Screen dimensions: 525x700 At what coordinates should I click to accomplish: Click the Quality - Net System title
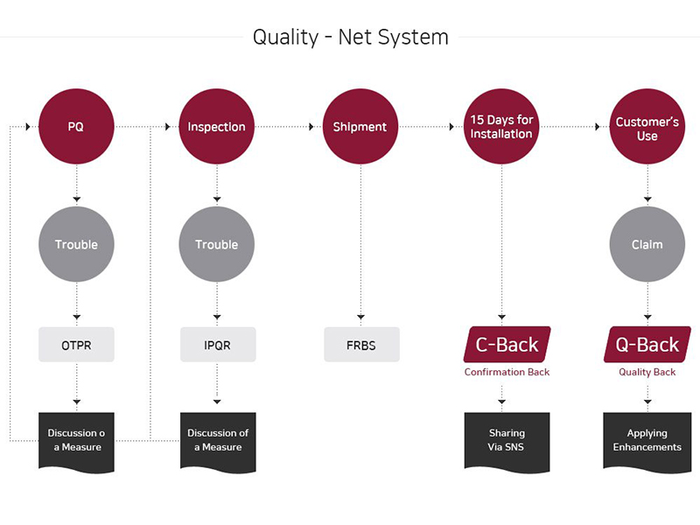pos(350,37)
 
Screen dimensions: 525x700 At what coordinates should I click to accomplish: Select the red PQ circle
pos(76,127)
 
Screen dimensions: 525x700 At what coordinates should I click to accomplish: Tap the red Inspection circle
pos(216,127)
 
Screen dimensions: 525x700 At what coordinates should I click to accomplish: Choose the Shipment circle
pos(359,127)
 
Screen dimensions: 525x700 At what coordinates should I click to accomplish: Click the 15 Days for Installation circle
pos(500,127)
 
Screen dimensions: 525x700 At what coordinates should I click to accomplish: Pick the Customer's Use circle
pos(647,127)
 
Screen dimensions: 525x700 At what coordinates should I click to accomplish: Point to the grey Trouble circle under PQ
pos(76,244)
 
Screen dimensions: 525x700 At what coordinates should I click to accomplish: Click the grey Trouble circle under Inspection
pos(216,244)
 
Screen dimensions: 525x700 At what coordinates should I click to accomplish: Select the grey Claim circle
pos(647,244)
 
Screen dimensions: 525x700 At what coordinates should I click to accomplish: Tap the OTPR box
pos(76,345)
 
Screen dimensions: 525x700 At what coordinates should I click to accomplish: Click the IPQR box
pos(216,345)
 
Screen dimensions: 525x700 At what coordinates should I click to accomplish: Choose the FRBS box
pos(360,345)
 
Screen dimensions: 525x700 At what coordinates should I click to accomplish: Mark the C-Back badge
pos(501,344)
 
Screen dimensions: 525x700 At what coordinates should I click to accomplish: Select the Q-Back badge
pos(647,344)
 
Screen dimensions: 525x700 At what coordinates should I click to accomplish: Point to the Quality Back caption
pos(647,372)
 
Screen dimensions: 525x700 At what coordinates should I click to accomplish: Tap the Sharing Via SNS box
pos(507,440)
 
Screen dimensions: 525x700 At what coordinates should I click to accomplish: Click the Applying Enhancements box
pos(647,440)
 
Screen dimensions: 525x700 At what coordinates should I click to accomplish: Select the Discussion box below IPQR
pos(218,440)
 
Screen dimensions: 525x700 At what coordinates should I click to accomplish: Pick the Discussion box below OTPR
pos(76,440)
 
